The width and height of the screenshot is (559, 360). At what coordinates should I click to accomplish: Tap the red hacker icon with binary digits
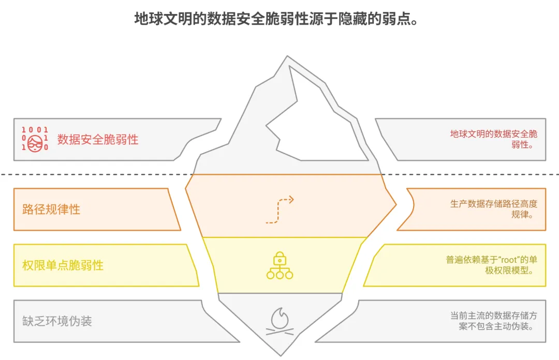point(35,139)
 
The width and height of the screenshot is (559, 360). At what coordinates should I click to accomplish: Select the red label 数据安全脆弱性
point(98,139)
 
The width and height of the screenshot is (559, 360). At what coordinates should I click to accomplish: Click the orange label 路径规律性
point(51,209)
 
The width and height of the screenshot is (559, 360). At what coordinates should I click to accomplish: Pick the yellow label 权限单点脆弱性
point(63,265)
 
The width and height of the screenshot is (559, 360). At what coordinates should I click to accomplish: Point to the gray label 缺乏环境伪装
point(57,321)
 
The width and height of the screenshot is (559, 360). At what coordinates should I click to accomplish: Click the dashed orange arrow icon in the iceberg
point(279,209)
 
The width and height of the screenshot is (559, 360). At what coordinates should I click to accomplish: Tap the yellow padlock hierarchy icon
point(279,265)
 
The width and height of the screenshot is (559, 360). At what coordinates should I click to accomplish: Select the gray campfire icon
point(279,321)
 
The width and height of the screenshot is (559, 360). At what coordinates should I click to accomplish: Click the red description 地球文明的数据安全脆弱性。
point(494,139)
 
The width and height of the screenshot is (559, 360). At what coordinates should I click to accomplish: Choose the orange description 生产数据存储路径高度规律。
point(494,209)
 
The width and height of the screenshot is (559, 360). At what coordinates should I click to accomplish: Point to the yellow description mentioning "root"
point(492,265)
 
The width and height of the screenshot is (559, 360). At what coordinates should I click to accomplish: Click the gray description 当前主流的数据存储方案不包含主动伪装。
point(494,321)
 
